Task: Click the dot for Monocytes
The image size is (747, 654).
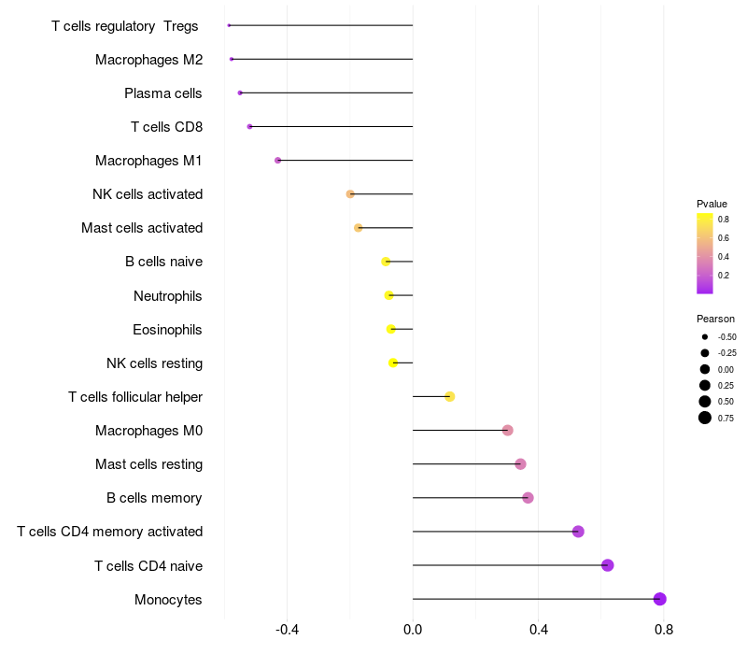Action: (659, 599)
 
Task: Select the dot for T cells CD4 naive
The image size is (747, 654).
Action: (608, 565)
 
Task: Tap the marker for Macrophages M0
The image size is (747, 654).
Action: (508, 431)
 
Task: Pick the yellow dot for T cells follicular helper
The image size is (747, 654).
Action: (450, 396)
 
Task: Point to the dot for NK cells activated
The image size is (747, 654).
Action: (350, 194)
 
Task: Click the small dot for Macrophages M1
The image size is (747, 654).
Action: (277, 160)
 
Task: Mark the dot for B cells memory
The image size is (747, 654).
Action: (528, 498)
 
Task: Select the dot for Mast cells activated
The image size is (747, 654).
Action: (359, 228)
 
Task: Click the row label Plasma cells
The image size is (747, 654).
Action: (162, 93)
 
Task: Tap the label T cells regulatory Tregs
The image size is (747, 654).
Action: (125, 26)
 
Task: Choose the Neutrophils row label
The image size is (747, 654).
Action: (168, 296)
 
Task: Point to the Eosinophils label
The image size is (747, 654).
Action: (167, 330)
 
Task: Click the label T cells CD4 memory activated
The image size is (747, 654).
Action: (109, 532)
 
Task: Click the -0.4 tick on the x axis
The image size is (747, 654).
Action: (287, 630)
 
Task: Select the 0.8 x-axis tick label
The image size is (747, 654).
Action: (664, 630)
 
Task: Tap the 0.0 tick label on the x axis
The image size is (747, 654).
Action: (413, 630)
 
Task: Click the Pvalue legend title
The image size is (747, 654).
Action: (712, 204)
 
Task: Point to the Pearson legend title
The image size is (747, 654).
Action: (715, 319)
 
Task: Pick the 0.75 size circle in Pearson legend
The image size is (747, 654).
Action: (705, 418)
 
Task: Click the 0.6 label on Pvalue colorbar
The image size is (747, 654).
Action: (723, 238)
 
